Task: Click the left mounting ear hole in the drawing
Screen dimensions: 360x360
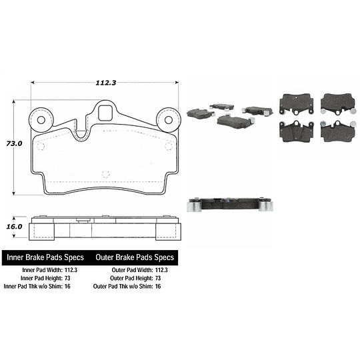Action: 42,121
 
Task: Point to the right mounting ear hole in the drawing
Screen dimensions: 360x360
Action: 165,121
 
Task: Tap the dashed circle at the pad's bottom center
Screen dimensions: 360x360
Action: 104,175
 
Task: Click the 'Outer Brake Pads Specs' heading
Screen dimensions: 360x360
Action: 135,257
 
